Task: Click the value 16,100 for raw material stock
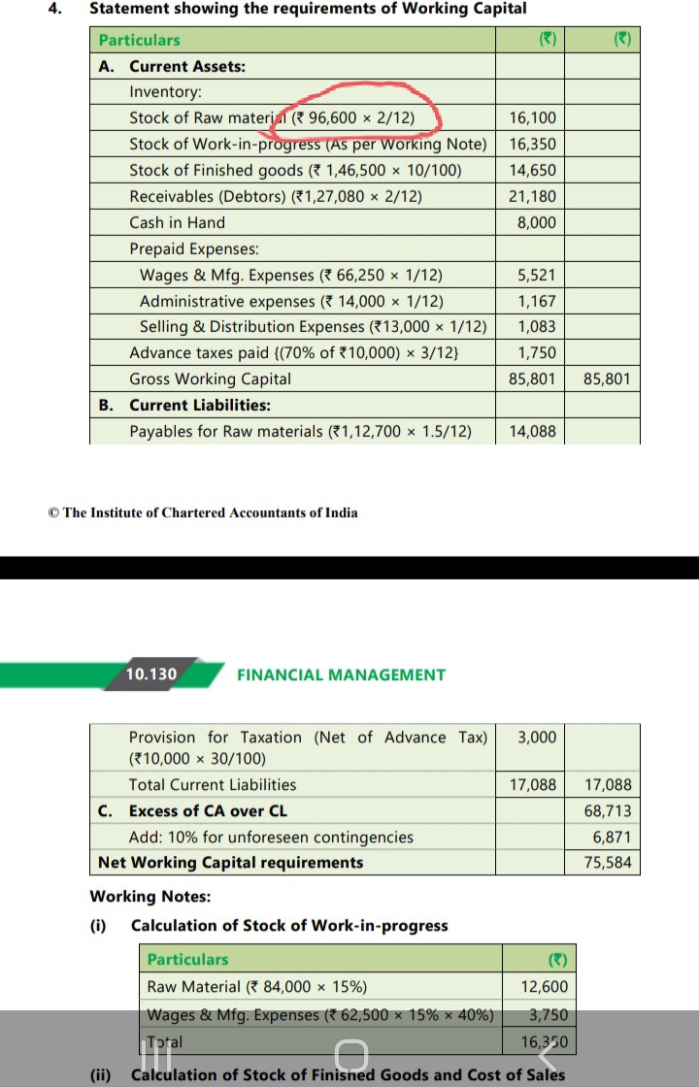point(533,118)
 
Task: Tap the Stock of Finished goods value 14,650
point(533,171)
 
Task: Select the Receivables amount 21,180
point(533,197)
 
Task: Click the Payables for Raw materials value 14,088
point(533,431)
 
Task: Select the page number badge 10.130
point(151,675)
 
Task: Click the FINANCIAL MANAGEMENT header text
point(341,675)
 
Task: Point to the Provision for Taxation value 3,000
point(537,738)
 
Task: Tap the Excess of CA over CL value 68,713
point(608,810)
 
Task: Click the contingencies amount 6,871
point(612,837)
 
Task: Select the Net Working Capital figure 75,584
point(608,863)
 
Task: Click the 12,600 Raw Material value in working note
point(545,987)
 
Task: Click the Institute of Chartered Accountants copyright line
point(203,512)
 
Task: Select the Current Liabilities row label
point(199,405)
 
